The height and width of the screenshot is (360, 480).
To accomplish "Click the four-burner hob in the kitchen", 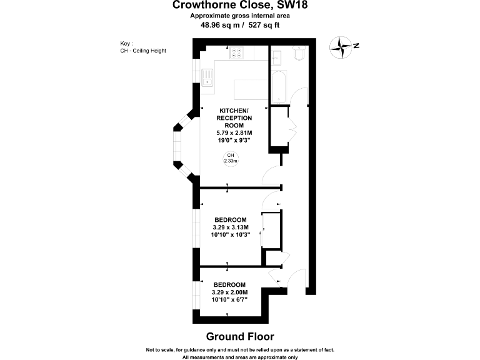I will point(237,53).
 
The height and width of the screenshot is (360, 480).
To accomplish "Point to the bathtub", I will point(278,87).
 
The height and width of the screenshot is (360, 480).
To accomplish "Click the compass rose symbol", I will point(341,46).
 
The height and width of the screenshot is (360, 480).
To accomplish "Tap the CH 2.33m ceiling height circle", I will point(231,158).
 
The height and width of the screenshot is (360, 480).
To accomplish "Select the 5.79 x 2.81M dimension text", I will point(234,133).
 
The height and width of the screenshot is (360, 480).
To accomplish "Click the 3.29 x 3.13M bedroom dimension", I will point(231,227).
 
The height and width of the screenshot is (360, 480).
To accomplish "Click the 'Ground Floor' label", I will point(240,336).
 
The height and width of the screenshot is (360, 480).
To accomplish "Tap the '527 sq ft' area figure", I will point(264,26).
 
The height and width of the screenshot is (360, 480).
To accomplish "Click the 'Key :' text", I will point(127,43).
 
